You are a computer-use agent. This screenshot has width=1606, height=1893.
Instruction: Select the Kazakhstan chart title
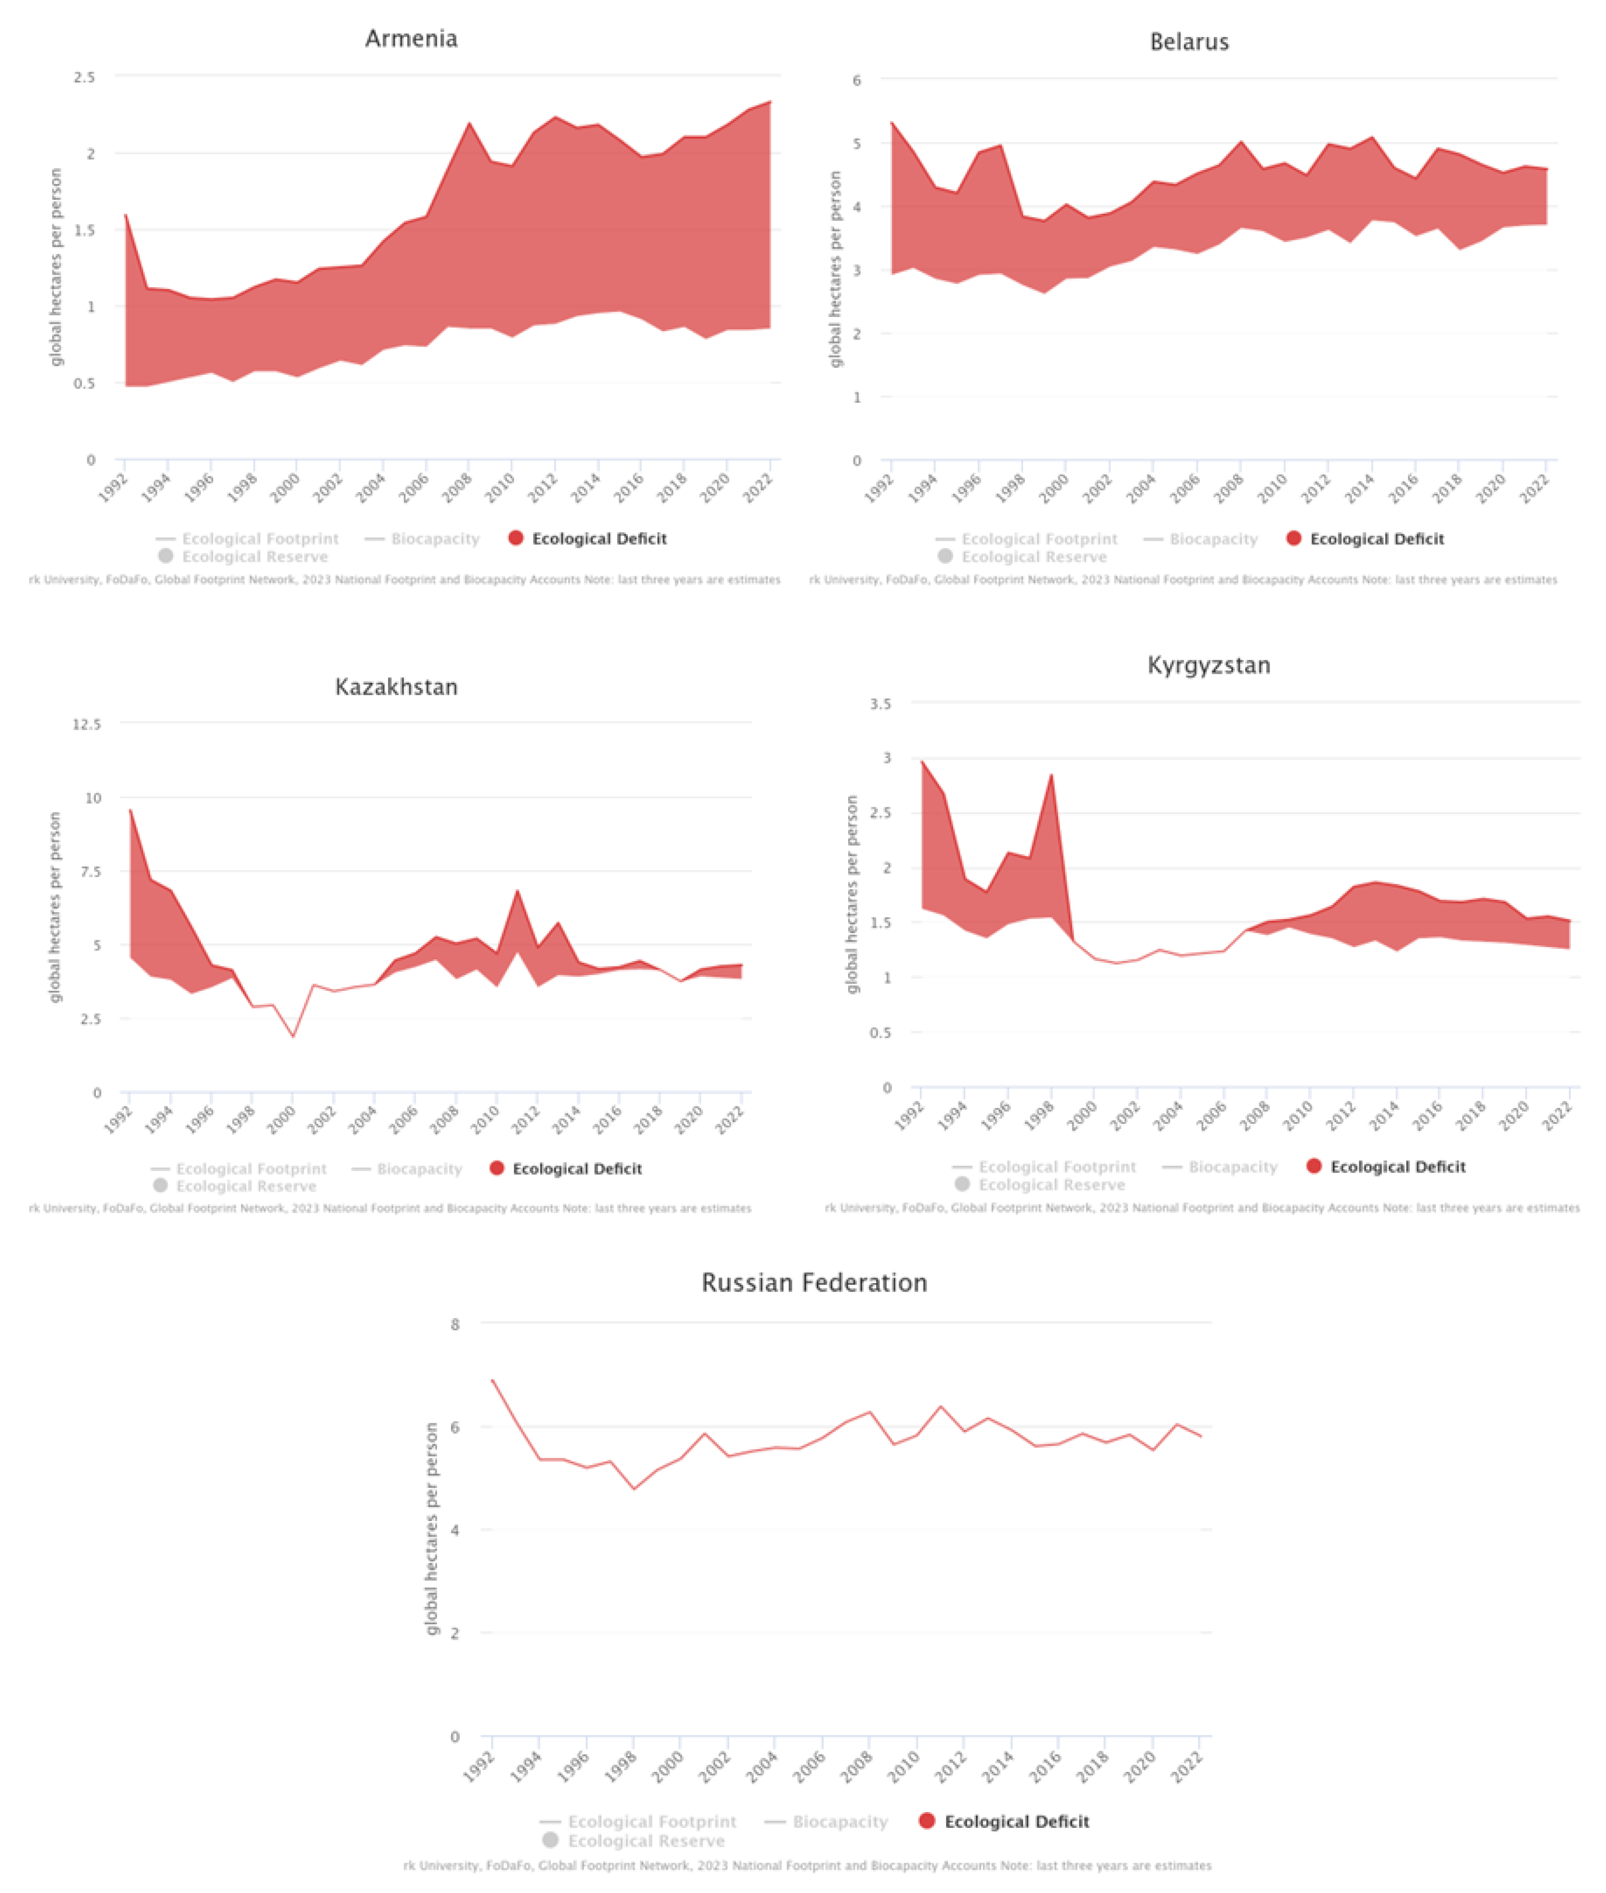coord(396,687)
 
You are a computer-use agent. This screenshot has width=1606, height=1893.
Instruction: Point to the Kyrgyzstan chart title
coord(1208,665)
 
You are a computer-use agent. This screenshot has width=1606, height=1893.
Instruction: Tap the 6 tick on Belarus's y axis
coord(857,80)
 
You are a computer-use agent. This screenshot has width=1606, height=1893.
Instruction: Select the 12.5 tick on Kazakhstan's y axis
coord(86,724)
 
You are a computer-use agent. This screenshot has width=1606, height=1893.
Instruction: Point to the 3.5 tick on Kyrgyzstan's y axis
coord(880,704)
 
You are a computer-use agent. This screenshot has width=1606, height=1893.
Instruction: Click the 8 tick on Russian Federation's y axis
coord(455,1324)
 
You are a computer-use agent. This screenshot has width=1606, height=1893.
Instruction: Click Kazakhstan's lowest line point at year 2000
coord(293,1036)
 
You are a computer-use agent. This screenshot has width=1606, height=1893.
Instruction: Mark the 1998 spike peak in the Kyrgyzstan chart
coord(1052,775)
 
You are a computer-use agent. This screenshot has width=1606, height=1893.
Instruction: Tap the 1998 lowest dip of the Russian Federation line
coord(634,1488)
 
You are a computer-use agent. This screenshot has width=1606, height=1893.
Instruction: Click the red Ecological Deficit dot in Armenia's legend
coord(516,538)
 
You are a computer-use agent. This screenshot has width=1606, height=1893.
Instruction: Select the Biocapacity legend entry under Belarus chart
coord(1213,539)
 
